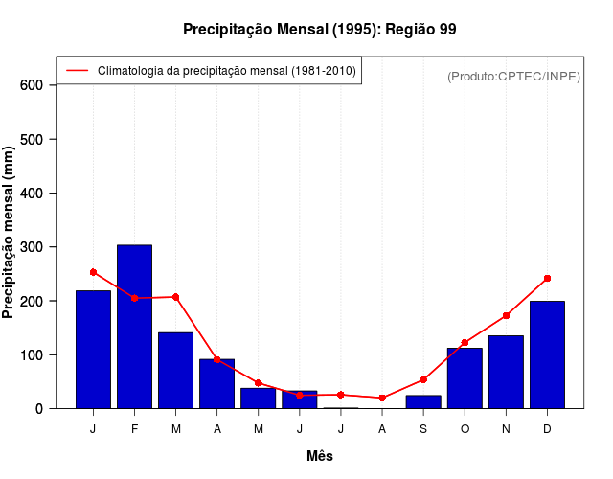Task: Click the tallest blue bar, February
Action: pyautogui.click(x=134, y=326)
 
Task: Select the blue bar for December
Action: pyautogui.click(x=547, y=354)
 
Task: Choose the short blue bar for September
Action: pyautogui.click(x=423, y=401)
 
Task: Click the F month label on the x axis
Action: pyautogui.click(x=134, y=429)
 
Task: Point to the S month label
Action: pyautogui.click(x=423, y=429)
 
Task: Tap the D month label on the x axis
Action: pyautogui.click(x=547, y=429)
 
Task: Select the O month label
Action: pyautogui.click(x=465, y=429)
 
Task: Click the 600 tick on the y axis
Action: pyautogui.click(x=33, y=85)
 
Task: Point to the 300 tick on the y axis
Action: pyautogui.click(x=33, y=247)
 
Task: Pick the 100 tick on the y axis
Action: pyautogui.click(x=33, y=355)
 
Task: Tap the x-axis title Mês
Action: pyautogui.click(x=320, y=457)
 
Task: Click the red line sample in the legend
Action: pyautogui.click(x=77, y=71)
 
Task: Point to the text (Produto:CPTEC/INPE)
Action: pyautogui.click(x=514, y=76)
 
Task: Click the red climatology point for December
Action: pyautogui.click(x=547, y=278)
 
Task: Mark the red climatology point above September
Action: pyautogui.click(x=423, y=379)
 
